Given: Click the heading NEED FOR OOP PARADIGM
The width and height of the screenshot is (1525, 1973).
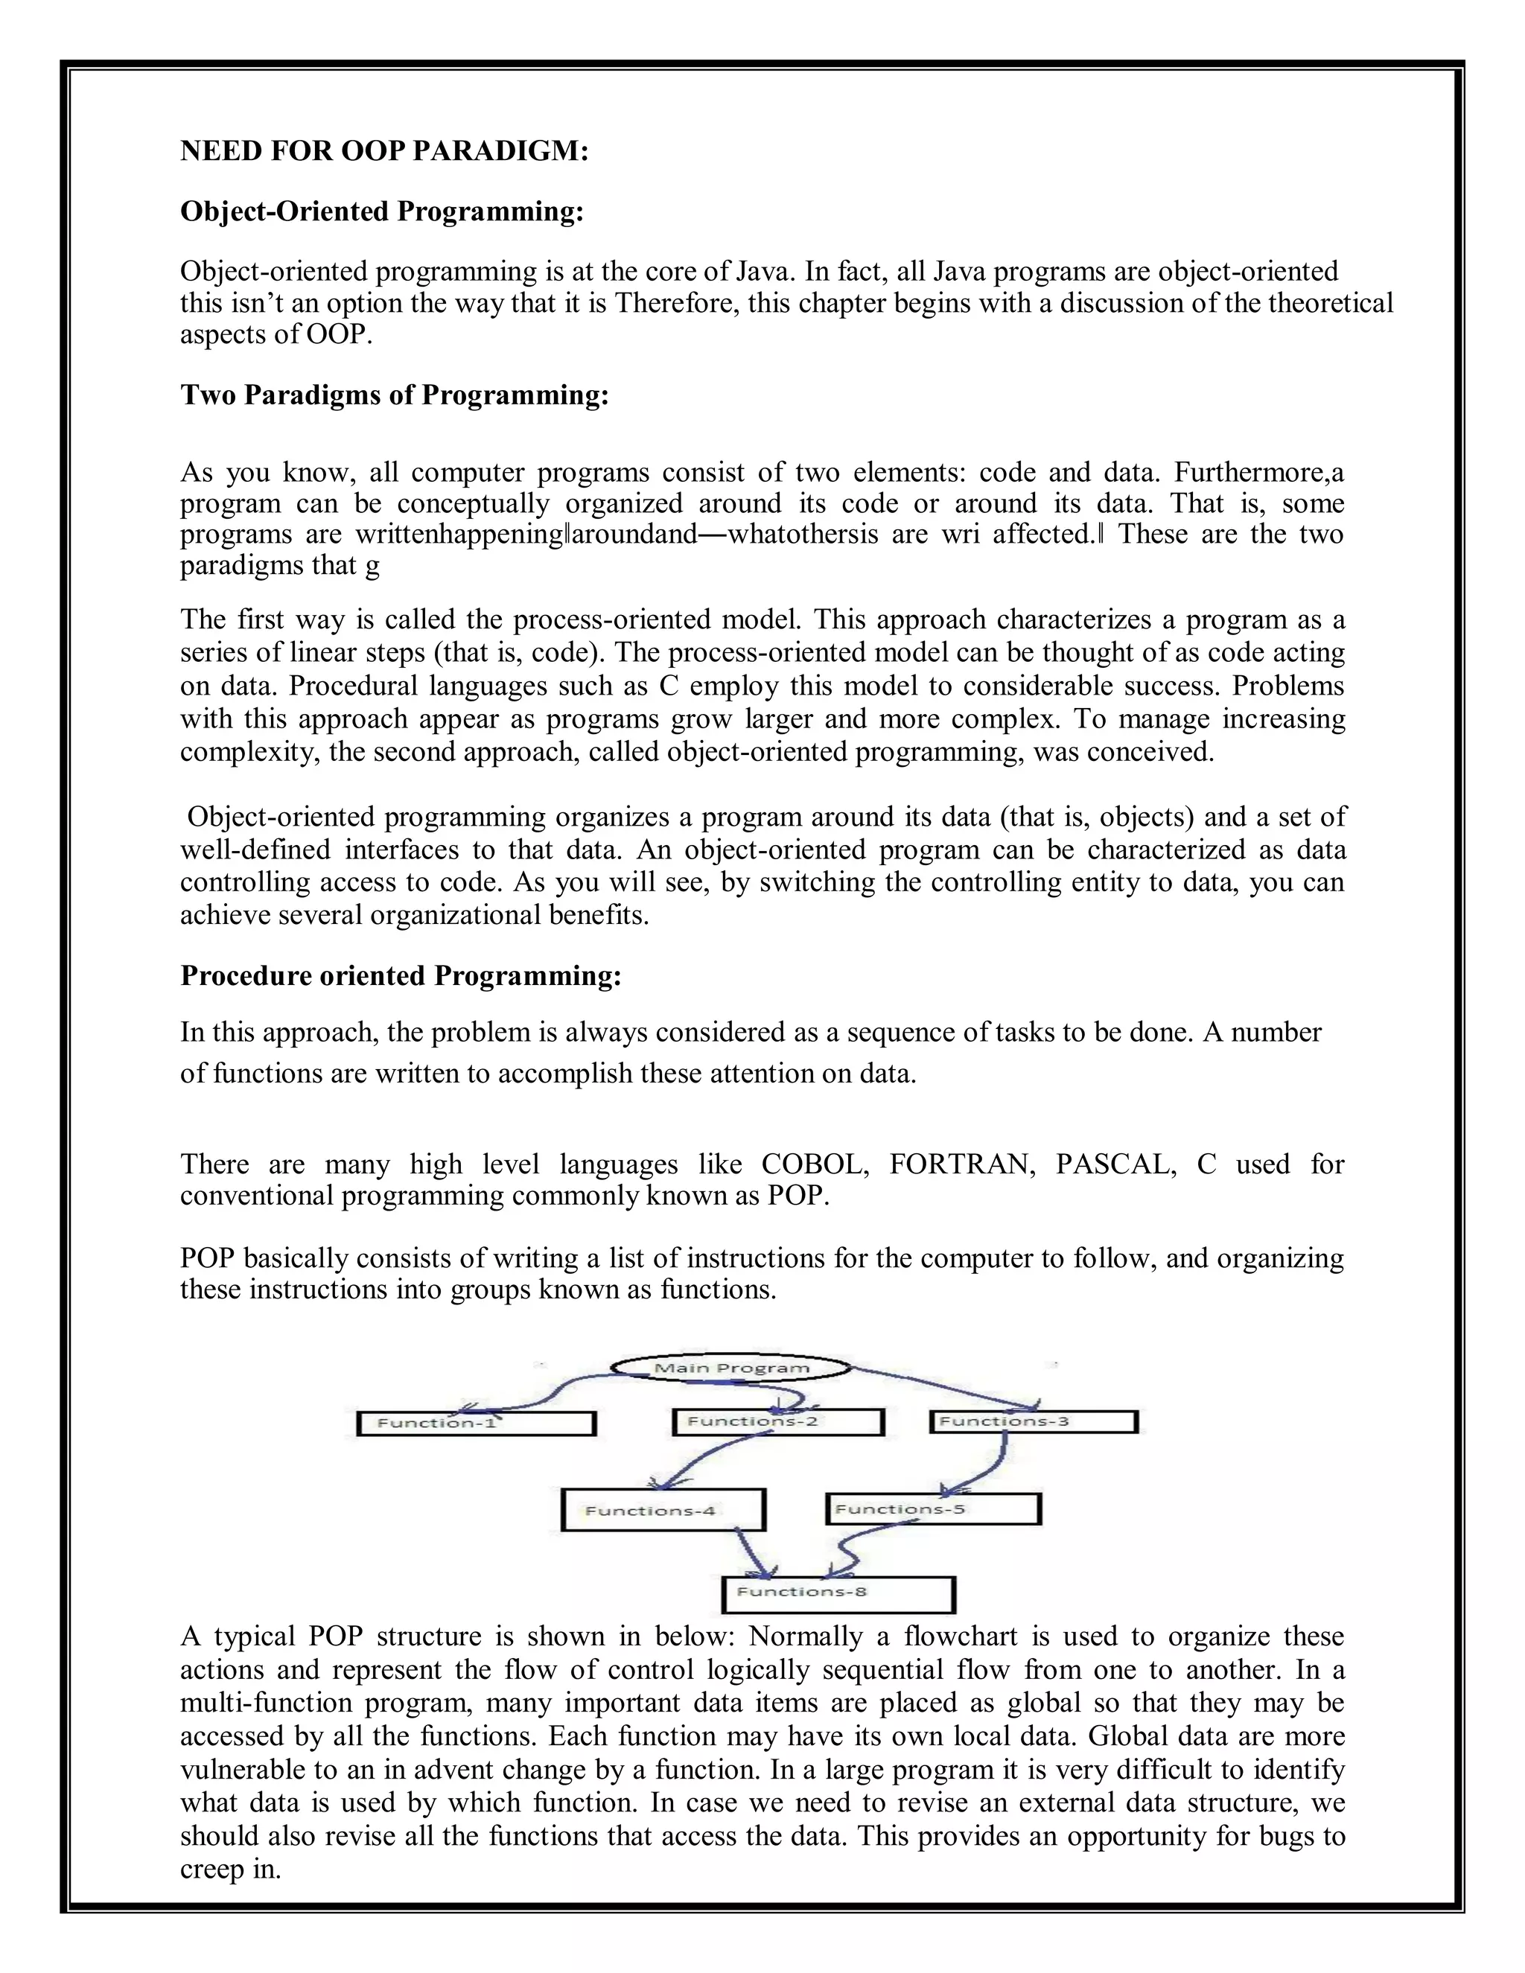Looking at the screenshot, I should (384, 151).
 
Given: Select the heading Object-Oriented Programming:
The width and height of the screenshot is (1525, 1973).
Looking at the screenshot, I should (382, 211).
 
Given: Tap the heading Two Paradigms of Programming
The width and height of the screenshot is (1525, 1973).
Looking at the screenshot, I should (395, 395).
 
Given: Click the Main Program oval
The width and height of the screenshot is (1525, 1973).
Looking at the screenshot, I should (732, 1368).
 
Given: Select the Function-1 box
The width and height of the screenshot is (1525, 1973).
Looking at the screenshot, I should (476, 1424).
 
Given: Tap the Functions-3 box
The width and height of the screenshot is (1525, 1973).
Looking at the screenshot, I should (1033, 1421).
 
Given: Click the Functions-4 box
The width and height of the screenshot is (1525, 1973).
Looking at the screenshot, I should (663, 1510).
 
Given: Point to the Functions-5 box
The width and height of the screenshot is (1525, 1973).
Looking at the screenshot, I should (933, 1508).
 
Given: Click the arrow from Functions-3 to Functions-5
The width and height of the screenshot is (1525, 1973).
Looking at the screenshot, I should (990, 1465).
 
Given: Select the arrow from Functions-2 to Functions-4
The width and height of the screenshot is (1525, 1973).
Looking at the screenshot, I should (700, 1464).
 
